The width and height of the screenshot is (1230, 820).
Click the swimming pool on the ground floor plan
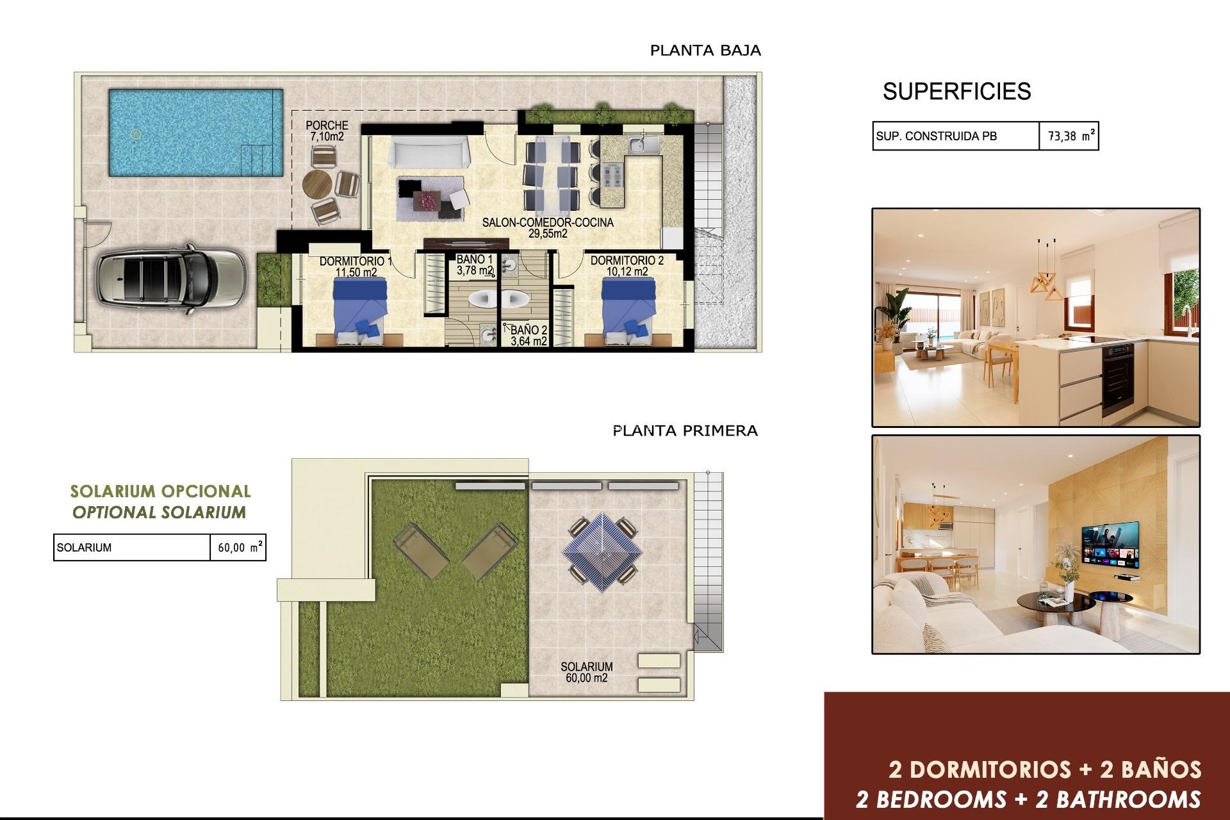[x=195, y=132]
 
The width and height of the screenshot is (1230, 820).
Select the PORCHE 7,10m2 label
[x=327, y=131]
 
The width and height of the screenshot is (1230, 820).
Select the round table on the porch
[x=318, y=185]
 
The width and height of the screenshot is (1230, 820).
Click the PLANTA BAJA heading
[x=705, y=51]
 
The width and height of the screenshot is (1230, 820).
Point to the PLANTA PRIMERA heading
[x=685, y=430]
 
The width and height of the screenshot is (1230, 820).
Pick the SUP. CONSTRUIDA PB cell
[x=955, y=136]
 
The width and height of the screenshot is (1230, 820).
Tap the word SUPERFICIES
[x=956, y=92]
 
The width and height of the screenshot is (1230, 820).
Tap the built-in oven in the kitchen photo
[x=1118, y=378]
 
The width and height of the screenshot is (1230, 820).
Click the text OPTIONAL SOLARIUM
[x=159, y=512]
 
